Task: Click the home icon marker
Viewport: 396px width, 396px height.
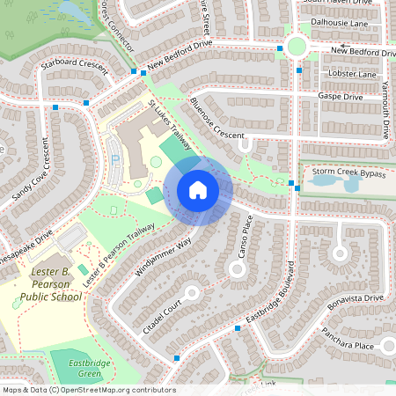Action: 198,190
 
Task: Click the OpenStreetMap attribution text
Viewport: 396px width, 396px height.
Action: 89,389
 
